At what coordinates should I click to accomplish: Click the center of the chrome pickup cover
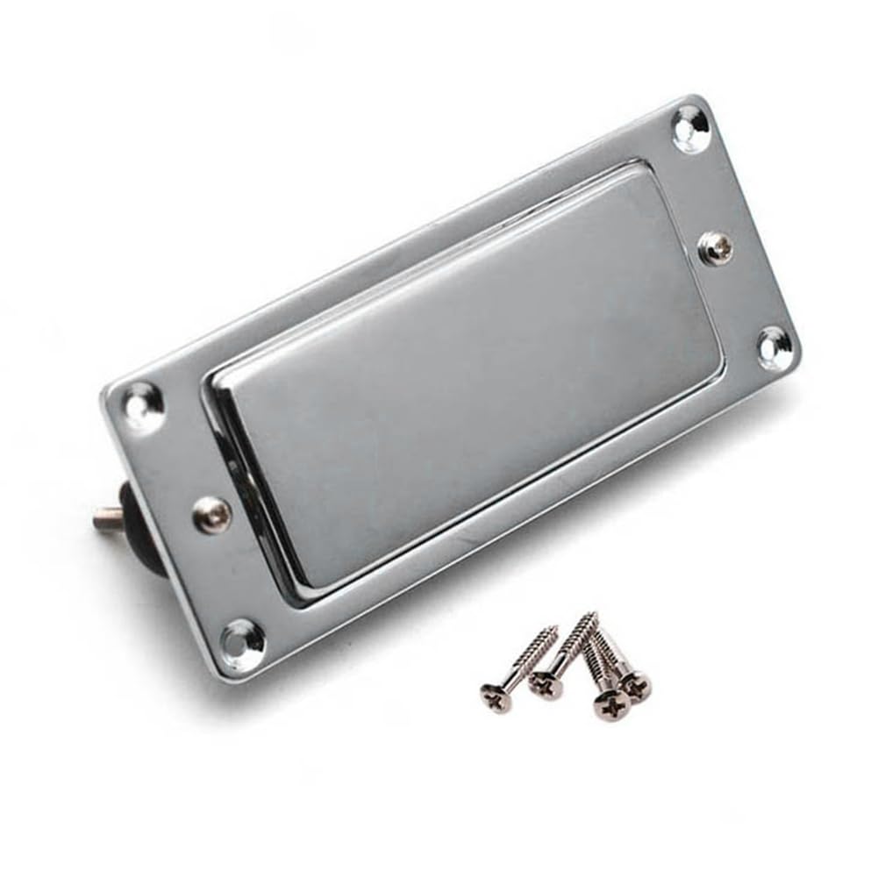465,377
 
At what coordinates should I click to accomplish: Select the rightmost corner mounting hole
773,347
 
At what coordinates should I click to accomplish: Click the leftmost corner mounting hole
143,405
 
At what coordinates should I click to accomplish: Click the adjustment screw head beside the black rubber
212,515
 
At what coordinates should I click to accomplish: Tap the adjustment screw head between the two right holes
717,247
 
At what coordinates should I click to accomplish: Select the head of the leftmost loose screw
496,697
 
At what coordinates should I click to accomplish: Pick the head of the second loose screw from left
546,685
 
